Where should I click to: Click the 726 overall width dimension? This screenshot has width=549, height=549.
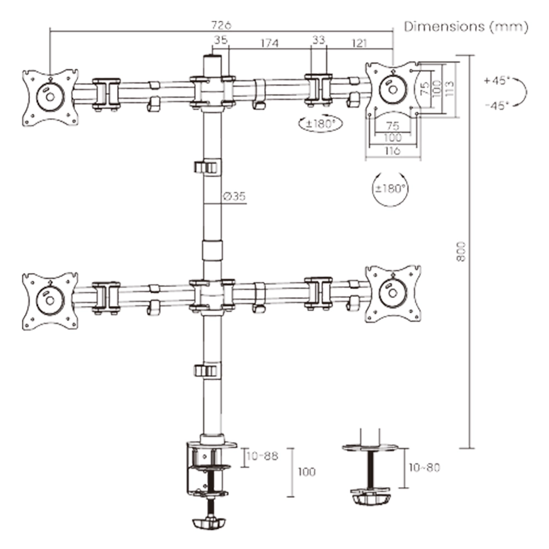pyautogui.click(x=221, y=25)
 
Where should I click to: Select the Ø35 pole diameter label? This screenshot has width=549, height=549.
pyautogui.click(x=234, y=197)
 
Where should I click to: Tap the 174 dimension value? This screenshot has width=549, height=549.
pyautogui.click(x=270, y=42)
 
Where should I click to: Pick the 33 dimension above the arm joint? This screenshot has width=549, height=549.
pyautogui.click(x=318, y=40)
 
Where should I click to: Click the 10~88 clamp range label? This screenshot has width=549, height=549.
pyautogui.click(x=263, y=456)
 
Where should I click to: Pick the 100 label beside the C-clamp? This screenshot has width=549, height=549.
pyautogui.click(x=306, y=472)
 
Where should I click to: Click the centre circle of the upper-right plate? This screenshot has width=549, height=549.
pyautogui.click(x=393, y=88)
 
